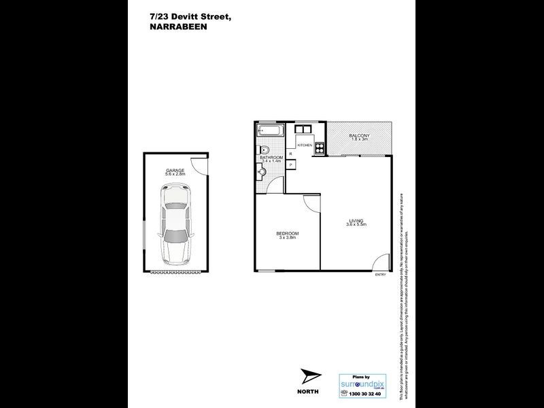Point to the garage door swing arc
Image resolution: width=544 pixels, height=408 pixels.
198,163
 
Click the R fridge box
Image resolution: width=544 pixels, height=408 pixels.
291,154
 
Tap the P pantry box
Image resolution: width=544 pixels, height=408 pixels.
291,165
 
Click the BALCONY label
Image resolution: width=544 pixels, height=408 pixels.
359,135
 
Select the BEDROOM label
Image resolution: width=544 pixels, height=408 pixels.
288,233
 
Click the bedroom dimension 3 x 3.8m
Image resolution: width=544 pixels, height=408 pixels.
288,238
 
